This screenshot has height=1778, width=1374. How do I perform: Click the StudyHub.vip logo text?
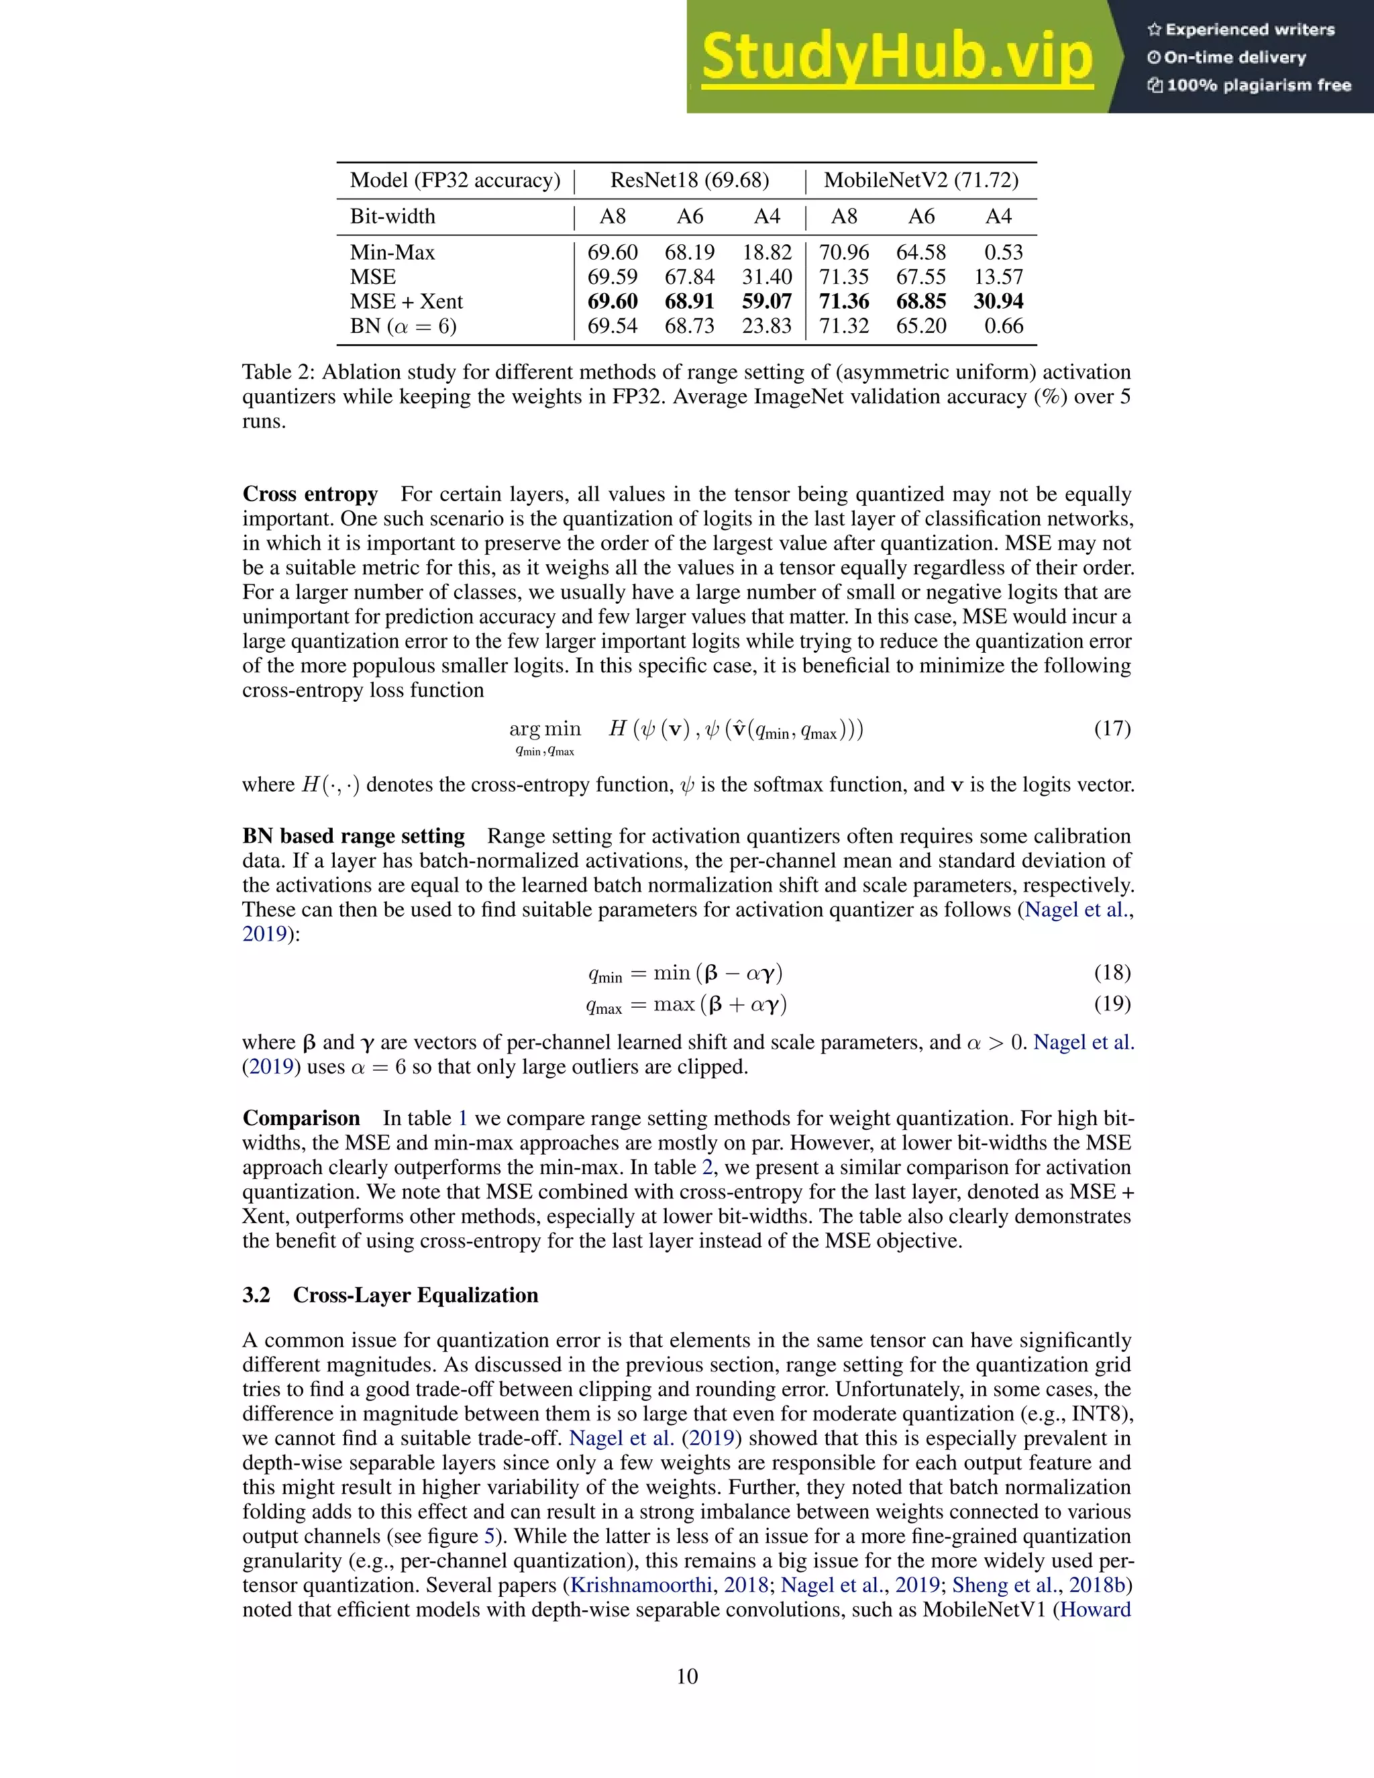(896, 58)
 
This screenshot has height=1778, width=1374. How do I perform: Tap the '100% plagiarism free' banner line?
(1249, 85)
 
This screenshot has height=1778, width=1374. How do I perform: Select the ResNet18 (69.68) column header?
(690, 180)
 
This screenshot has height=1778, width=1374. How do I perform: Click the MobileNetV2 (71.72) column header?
(920, 180)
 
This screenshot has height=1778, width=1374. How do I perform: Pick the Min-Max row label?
(392, 252)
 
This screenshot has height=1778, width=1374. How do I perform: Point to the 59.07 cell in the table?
(767, 301)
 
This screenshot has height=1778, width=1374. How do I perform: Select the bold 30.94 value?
(998, 301)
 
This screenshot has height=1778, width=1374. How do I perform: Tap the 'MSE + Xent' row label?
(406, 301)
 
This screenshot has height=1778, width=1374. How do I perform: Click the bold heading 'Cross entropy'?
(310, 494)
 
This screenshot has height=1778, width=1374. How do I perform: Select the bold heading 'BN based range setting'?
(354, 836)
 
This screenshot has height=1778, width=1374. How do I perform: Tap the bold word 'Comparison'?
(301, 1118)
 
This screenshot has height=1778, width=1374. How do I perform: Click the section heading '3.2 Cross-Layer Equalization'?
(390, 1295)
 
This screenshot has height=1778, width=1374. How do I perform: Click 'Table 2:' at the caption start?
(278, 372)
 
